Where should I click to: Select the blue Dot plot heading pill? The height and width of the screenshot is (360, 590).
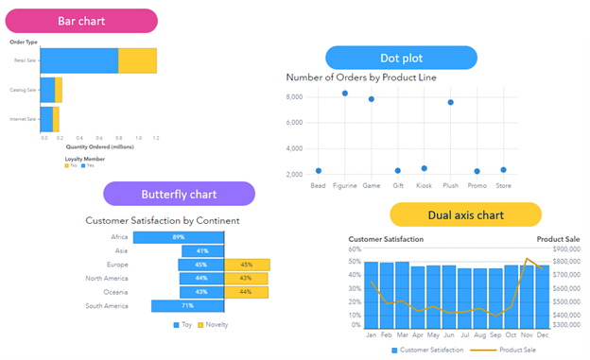tap(402, 57)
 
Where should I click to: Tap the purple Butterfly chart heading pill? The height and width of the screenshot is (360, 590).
tap(180, 195)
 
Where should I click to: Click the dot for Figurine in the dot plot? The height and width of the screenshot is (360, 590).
tap(345, 94)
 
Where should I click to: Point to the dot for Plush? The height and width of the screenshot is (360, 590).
tap(451, 102)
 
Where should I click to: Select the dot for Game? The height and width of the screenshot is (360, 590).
tap(372, 99)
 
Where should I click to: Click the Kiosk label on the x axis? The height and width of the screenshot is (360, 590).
tap(424, 185)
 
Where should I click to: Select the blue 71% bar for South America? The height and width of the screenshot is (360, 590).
tap(187, 306)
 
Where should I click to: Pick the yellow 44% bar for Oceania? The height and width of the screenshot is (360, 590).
tap(247, 292)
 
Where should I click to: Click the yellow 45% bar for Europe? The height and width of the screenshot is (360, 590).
tap(247, 265)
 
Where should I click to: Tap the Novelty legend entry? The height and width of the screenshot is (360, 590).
tap(215, 325)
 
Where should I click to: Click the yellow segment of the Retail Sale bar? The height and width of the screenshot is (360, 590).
tap(137, 61)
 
